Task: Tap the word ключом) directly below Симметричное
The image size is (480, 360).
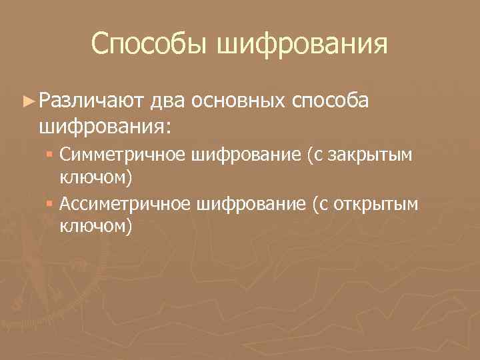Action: click(96, 178)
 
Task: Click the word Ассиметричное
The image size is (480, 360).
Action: click(127, 204)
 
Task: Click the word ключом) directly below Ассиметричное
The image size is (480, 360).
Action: click(96, 227)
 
